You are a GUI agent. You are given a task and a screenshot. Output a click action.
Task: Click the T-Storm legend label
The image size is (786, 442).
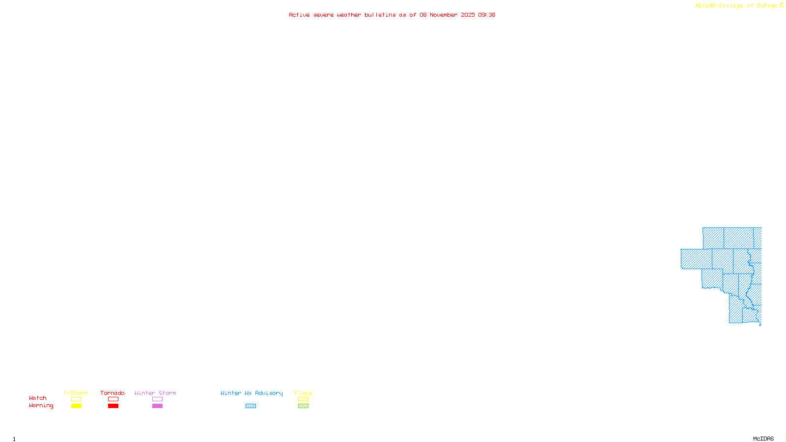coord(76,393)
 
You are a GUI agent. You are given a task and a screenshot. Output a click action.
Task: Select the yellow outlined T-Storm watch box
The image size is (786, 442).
coord(76,399)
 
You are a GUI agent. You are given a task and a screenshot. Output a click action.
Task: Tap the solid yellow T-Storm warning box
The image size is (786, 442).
coord(76,406)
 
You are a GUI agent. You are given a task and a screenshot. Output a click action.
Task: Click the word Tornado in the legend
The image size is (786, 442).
coord(112,393)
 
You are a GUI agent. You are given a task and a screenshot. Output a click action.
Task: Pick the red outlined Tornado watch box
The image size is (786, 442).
coord(113,399)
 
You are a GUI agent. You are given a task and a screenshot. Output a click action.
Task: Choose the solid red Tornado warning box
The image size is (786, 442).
coord(113,406)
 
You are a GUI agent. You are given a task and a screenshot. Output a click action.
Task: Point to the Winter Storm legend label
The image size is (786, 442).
coord(155,393)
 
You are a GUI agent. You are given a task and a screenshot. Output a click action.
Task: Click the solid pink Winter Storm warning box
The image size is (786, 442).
coord(157,406)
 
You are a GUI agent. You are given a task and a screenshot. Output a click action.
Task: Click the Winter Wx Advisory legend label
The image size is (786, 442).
coord(252,393)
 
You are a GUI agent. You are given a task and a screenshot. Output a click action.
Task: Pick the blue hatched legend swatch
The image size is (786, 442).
coord(251,406)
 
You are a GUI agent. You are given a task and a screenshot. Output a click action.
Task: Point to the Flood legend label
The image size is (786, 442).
coord(303,393)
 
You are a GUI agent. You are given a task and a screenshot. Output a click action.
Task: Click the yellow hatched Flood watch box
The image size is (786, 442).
coord(303,399)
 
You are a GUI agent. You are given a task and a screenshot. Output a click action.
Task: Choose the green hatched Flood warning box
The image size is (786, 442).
coord(303,406)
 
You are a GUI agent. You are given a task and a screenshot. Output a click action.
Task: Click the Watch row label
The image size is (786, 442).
coord(38,398)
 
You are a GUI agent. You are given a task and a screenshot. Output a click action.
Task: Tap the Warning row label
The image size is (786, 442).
coord(41,406)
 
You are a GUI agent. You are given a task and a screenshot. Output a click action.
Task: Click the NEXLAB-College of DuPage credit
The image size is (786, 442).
coord(736,6)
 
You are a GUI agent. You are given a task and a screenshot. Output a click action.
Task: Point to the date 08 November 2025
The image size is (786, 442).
coord(447,15)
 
